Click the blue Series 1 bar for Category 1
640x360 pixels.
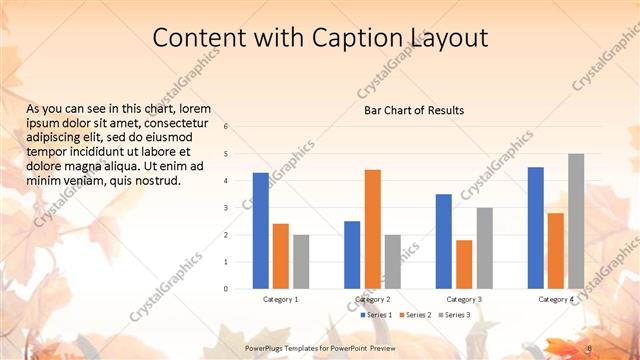click(260, 231)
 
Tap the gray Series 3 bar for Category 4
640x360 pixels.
click(576, 221)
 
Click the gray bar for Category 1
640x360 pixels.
click(301, 262)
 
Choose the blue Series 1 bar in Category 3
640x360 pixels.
click(443, 241)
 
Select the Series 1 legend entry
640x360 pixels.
click(376, 315)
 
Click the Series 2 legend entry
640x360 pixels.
click(414, 315)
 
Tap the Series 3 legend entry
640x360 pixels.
click(452, 315)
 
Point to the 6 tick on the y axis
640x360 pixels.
click(226, 127)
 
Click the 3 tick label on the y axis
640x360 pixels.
click(226, 208)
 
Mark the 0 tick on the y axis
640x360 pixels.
click(226, 289)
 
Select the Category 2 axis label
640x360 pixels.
click(372, 300)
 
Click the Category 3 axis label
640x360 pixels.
click(464, 300)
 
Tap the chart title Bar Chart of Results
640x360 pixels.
click(414, 110)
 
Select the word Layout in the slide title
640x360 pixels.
click(446, 39)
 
